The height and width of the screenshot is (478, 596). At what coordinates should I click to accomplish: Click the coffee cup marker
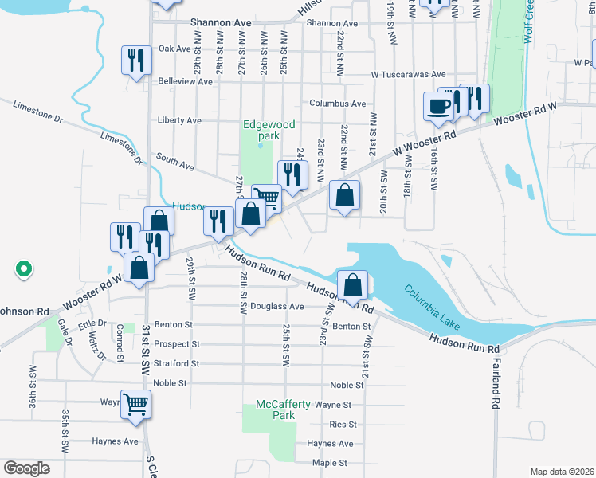click(437, 107)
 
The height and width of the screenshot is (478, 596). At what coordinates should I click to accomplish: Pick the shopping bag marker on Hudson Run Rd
click(351, 285)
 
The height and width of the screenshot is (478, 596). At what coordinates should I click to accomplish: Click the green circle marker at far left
click(24, 269)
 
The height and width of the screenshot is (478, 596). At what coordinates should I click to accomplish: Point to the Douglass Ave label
click(277, 306)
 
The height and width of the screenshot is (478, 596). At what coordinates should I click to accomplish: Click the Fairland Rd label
click(495, 392)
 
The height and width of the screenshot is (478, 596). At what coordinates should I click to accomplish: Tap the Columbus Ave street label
click(337, 104)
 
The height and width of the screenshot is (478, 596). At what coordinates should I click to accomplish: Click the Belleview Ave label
click(185, 81)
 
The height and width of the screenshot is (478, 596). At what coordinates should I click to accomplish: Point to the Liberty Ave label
click(179, 120)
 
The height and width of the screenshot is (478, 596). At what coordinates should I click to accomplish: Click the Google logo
click(26, 468)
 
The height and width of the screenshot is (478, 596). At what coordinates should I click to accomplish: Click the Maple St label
click(330, 463)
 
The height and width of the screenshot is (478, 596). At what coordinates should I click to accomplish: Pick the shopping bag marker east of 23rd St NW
click(344, 196)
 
